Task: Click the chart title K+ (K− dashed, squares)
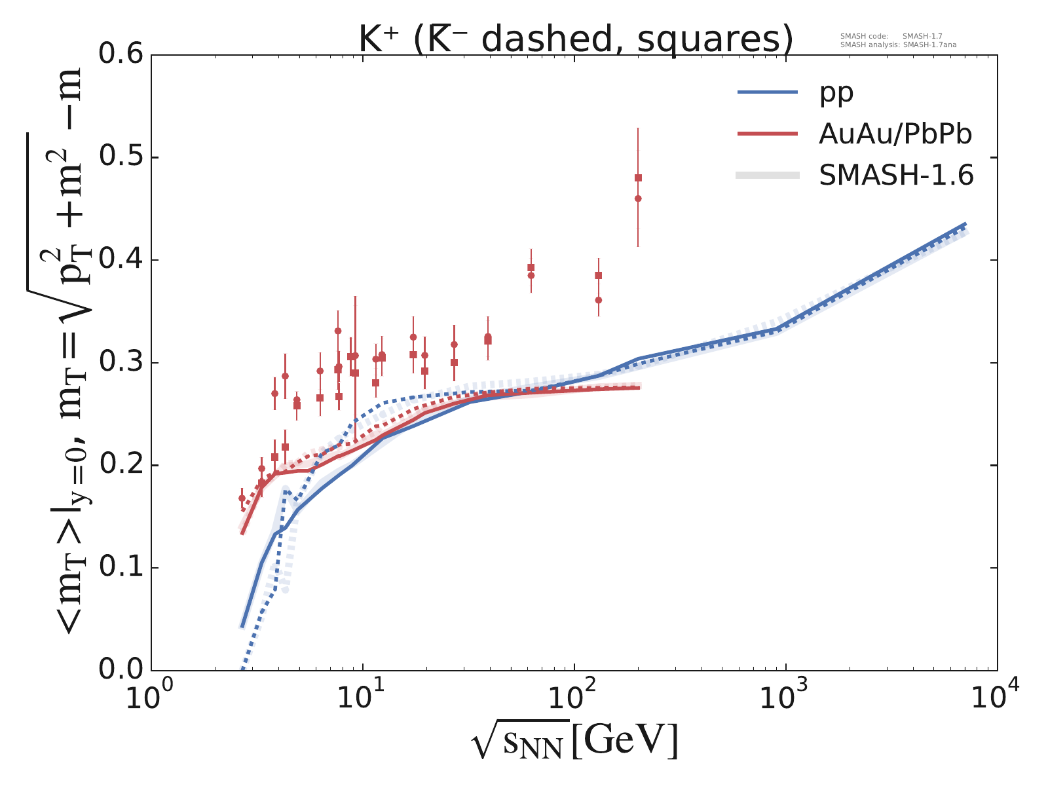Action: tap(576, 39)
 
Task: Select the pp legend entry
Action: tap(836, 92)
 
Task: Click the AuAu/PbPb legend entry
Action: tap(895, 134)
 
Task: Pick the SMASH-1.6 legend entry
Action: tap(896, 175)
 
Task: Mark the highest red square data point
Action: tap(638, 178)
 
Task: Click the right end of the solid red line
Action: tap(639, 388)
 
